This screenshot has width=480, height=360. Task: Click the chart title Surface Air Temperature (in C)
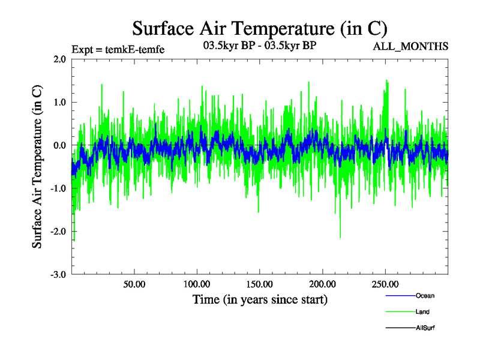[259, 28]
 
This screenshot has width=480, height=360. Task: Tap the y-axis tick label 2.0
[60, 59]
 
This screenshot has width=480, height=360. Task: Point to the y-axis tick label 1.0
[60, 102]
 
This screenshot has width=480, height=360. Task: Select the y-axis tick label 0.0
[60, 145]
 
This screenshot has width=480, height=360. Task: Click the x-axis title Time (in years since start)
[260, 299]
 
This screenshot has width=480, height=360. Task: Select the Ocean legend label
[425, 296]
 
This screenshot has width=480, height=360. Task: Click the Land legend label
[422, 312]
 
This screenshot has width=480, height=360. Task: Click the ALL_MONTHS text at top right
[410, 46]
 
